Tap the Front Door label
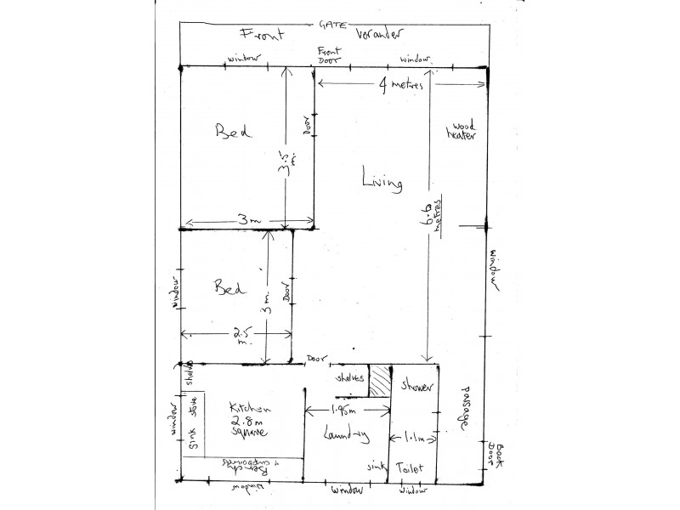[328, 56]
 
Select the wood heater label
[462, 132]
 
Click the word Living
[382, 181]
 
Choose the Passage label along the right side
[466, 408]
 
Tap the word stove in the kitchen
[192, 407]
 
